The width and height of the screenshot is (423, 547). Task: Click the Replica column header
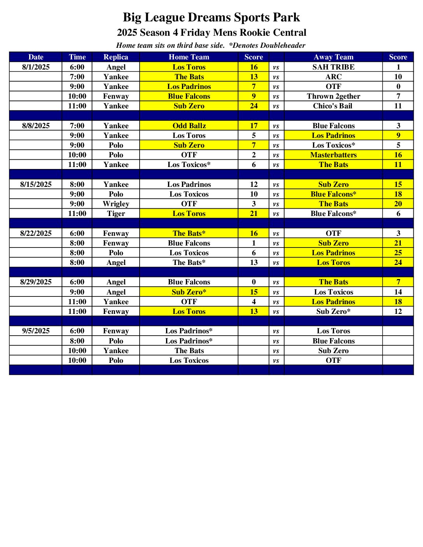pos(115,57)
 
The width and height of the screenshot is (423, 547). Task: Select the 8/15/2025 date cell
pos(36,185)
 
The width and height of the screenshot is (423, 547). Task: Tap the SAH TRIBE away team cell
pos(333,67)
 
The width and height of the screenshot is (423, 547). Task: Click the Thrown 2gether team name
pos(333,96)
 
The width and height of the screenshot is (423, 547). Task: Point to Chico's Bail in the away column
pos(332,106)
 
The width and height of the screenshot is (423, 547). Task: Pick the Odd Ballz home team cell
pos(189,126)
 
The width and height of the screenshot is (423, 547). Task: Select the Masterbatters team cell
pos(333,155)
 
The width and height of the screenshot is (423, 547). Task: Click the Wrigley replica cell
pos(115,204)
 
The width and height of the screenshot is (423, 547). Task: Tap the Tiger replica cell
pos(115,214)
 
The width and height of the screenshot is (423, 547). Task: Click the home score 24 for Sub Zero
pos(253,106)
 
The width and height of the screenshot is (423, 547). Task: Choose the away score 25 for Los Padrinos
pos(398,253)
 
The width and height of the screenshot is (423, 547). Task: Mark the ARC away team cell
pos(333,77)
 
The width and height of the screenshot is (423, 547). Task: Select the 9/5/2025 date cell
pos(36,331)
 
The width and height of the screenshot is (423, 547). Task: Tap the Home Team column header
pos(189,57)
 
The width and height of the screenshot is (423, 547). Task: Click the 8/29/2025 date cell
pos(36,282)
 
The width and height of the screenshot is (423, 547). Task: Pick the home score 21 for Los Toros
pos(253,214)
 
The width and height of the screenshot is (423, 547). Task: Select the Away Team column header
pos(333,57)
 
